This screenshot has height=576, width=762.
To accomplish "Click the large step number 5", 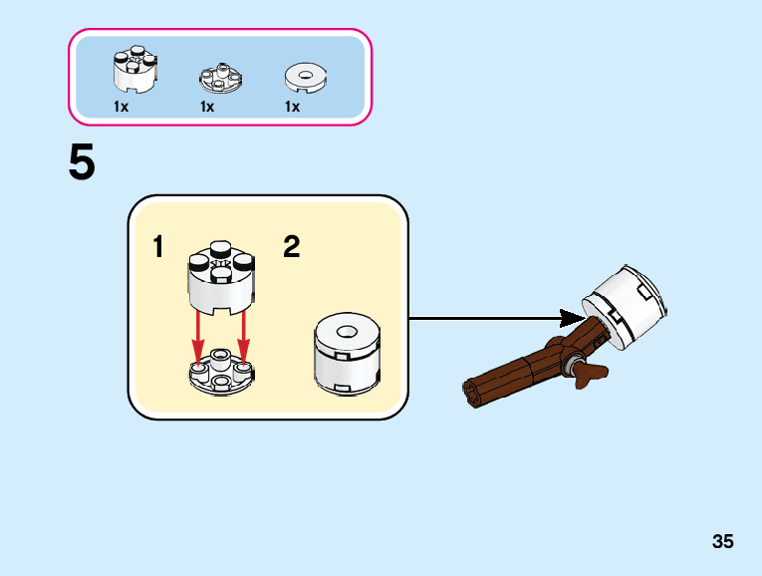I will click(x=82, y=162).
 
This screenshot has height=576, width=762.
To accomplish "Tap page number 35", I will click(x=723, y=542).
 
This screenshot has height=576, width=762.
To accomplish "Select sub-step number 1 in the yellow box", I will click(x=159, y=246).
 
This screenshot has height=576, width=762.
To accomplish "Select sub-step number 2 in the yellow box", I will click(x=291, y=246).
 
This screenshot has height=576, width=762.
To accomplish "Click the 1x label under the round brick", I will click(x=122, y=107).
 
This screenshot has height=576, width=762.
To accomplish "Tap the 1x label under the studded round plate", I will click(x=207, y=107).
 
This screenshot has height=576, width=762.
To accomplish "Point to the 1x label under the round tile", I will click(x=292, y=107).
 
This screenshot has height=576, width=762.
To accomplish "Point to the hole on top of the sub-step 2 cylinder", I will click(x=348, y=332).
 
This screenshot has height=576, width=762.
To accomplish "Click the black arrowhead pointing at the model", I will click(x=571, y=319).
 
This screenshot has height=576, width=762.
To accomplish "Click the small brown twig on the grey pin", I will click(x=592, y=374).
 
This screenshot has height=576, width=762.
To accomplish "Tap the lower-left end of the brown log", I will click(x=475, y=394).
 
